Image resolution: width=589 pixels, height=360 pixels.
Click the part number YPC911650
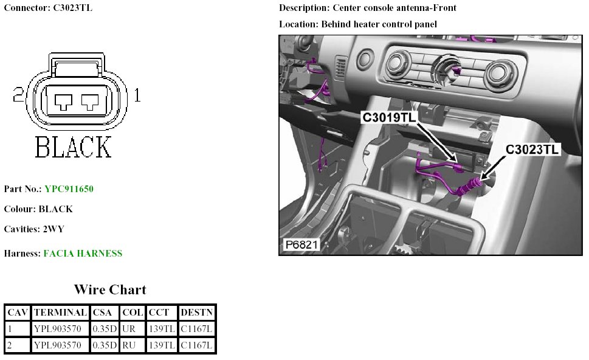69,189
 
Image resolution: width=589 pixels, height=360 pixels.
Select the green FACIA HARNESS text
83,253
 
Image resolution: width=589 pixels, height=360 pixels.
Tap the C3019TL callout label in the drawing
390,117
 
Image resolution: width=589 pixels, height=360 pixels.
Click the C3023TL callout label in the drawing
533,149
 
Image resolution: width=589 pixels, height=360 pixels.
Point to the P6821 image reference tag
301,245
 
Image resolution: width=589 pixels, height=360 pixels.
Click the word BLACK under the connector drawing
73,148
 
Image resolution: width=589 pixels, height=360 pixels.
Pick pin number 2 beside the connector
18,95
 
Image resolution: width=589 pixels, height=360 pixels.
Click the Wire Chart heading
110,289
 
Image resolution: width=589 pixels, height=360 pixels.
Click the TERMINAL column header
60,313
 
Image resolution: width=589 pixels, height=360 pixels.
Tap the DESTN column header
197,313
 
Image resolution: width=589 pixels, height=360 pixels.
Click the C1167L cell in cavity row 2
197,345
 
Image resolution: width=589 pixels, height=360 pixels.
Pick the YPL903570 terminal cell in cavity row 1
60,329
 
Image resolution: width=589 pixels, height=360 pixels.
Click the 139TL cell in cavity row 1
161,329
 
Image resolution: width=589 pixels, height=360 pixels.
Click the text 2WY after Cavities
53,229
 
